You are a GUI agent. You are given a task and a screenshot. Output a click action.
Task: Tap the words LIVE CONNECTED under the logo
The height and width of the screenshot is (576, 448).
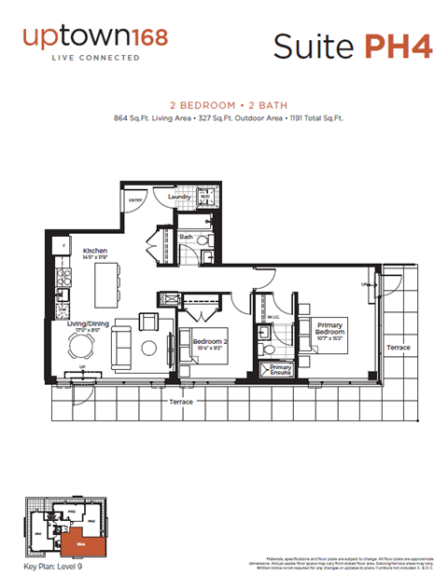(x=96, y=58)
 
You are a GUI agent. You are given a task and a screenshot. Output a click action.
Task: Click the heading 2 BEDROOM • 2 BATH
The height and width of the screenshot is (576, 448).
(x=224, y=106)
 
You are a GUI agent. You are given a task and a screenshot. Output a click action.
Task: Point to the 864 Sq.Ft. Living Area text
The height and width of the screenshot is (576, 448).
(x=152, y=118)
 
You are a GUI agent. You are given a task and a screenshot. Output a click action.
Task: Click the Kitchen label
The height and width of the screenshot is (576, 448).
(x=95, y=252)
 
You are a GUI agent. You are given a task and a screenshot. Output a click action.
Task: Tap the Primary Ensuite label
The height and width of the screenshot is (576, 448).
(x=281, y=371)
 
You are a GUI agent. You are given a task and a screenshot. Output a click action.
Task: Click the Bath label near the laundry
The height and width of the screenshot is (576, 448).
(x=187, y=237)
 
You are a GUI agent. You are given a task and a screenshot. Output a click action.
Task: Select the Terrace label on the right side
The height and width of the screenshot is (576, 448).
(x=399, y=348)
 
